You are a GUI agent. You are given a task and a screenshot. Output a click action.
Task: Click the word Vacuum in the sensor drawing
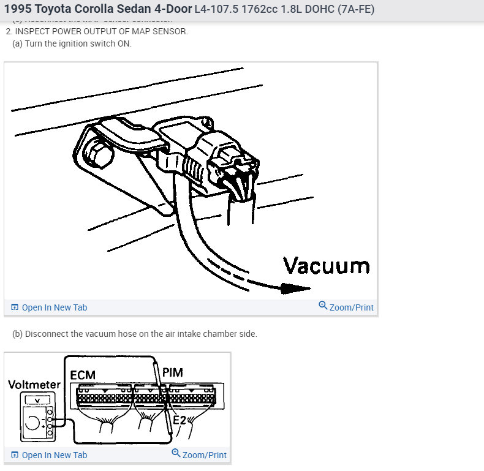pos(326,266)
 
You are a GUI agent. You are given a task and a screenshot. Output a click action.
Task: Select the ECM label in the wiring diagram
pos(83,374)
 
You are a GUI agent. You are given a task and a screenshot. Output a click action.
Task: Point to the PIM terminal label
pos(172,372)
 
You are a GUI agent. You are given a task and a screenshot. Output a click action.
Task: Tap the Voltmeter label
pos(34,385)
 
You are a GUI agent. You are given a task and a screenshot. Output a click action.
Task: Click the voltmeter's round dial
pos(32,422)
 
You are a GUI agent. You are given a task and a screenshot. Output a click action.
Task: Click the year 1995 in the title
pos(18,9)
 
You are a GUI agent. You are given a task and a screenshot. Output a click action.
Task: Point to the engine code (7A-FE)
pos(351,9)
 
